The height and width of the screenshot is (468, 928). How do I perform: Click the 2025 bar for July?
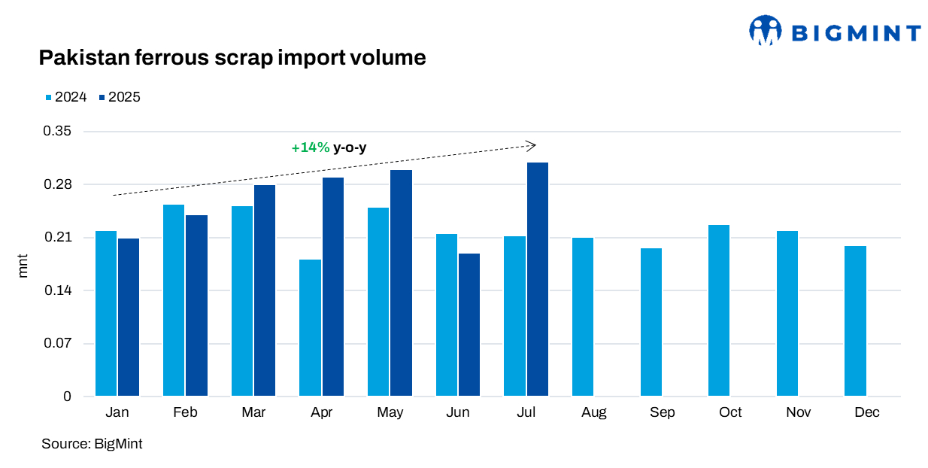pyautogui.click(x=537, y=279)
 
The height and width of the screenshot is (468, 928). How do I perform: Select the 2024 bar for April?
pyautogui.click(x=310, y=328)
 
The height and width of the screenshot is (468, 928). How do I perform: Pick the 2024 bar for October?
pyautogui.click(x=719, y=311)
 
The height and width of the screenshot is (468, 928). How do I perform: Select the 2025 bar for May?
pyautogui.click(x=401, y=283)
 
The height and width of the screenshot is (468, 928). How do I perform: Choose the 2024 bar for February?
pyautogui.click(x=174, y=300)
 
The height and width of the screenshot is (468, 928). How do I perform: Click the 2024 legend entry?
pyautogui.click(x=66, y=97)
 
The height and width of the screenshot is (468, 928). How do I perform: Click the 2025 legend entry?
pyautogui.click(x=120, y=97)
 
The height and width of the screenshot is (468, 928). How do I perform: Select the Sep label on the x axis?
pyautogui.click(x=662, y=412)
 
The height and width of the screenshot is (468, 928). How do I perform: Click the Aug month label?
pyautogui.click(x=594, y=412)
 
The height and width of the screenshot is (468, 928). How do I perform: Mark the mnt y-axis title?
pyautogui.click(x=23, y=265)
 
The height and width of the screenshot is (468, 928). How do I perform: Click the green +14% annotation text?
pyautogui.click(x=311, y=148)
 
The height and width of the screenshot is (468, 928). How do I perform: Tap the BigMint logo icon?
pyautogui.click(x=766, y=31)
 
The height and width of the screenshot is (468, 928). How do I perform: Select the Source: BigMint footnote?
pyautogui.click(x=92, y=444)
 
